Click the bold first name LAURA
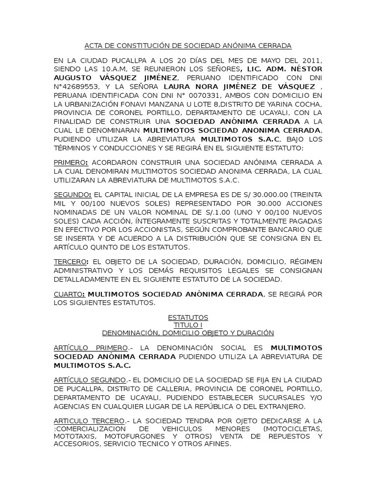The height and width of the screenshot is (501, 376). point(177,87)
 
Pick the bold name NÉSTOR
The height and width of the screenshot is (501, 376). point(303,69)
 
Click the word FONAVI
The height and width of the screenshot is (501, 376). point(133,104)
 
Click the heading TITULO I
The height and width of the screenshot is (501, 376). point(188,325)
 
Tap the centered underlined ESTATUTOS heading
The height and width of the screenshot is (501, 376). point(188,318)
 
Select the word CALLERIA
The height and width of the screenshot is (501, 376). point(164,388)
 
